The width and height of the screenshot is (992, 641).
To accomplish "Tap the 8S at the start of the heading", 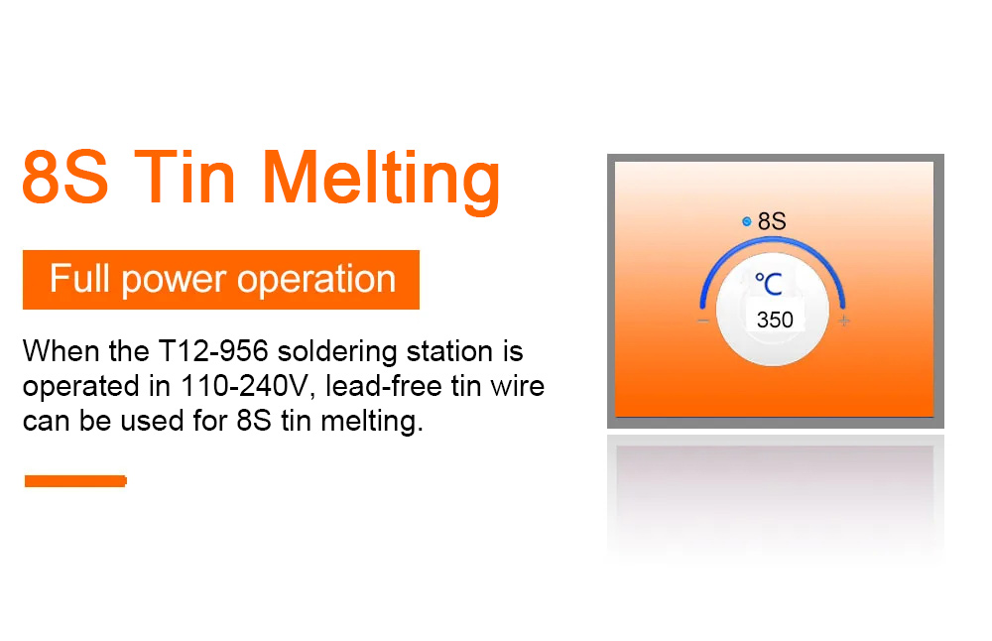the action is (65, 178).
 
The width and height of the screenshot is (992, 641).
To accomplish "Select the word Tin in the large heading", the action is (185, 177).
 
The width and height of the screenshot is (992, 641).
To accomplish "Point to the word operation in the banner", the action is (316, 280).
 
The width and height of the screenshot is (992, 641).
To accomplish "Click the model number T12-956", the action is (213, 351).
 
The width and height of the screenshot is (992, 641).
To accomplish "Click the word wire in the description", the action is (518, 386).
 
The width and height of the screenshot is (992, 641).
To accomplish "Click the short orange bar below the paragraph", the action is (75, 481).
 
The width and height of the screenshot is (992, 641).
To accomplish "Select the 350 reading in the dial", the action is (775, 320).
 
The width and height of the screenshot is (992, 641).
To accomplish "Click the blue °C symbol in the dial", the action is (769, 284).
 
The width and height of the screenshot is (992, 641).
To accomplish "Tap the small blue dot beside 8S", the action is (747, 221).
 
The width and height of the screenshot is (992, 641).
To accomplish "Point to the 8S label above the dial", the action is (772, 221).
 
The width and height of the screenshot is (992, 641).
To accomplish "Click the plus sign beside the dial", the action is (844, 320).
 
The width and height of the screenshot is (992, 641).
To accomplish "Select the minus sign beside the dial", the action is (703, 320).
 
